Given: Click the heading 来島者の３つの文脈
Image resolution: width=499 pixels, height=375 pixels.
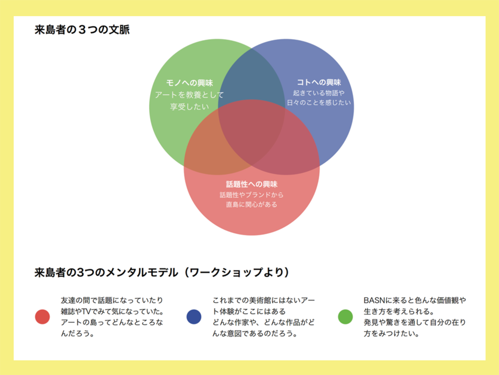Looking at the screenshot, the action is [x=82, y=29].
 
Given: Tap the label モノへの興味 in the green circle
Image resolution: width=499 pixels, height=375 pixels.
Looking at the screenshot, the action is [x=190, y=83].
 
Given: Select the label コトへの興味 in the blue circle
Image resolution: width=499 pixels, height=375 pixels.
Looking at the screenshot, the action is [x=319, y=82].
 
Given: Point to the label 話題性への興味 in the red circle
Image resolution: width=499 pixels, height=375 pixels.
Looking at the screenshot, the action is [x=251, y=184].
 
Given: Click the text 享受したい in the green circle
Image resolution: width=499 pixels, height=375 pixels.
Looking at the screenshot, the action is [x=190, y=107].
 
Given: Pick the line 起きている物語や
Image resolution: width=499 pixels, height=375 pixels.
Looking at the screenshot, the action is [x=319, y=93].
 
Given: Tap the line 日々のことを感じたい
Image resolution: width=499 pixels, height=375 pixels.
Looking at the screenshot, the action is [x=319, y=102].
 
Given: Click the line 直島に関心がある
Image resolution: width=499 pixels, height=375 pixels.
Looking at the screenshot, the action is [x=251, y=204].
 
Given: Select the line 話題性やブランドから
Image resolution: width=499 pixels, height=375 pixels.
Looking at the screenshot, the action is [x=251, y=195].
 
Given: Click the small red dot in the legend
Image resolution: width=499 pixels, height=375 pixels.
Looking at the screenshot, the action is [x=42, y=317].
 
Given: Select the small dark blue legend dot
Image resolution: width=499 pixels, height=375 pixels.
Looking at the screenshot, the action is [x=194, y=317].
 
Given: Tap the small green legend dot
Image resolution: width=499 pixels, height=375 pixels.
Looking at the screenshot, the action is [x=345, y=317].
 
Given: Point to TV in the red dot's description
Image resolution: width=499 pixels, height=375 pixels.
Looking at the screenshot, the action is [x=86, y=311].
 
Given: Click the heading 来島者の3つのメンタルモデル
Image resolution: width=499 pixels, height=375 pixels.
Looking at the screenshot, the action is [x=106, y=273].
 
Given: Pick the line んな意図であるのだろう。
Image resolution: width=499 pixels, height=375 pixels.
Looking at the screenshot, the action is [x=255, y=334].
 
